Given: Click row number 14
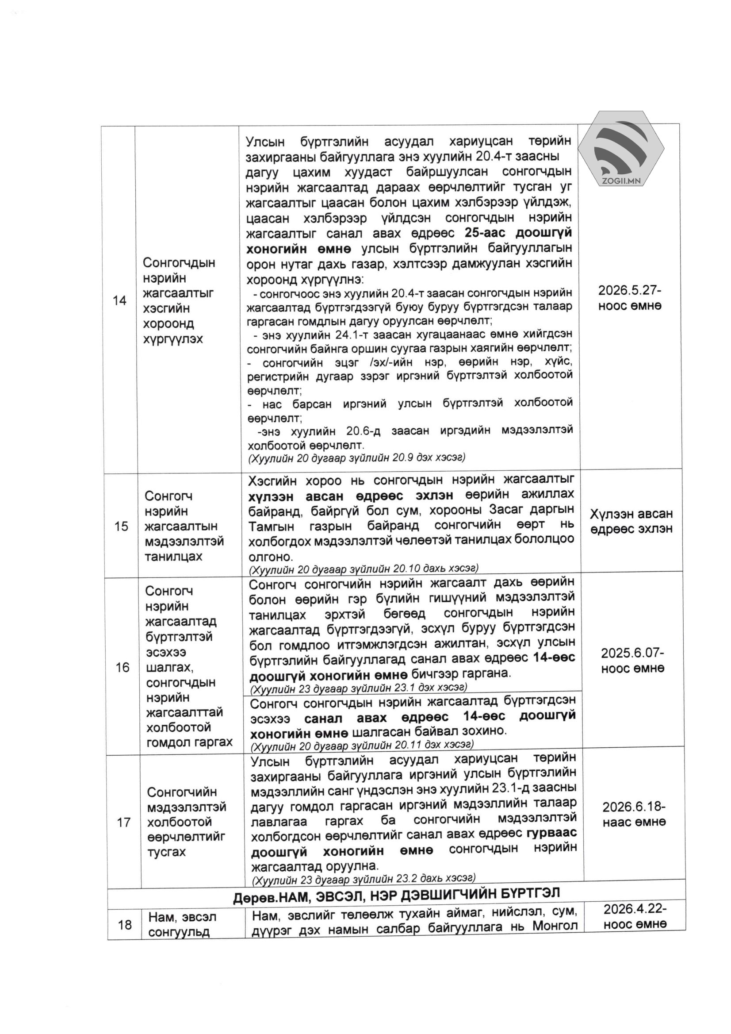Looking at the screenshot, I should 119,300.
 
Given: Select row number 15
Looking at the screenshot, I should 121,526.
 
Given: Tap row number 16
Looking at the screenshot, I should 122,667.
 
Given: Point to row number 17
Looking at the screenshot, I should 124,823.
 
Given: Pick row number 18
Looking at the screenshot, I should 125,925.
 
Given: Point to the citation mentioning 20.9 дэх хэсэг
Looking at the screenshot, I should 356,458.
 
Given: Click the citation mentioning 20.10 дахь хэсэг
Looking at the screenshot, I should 363,569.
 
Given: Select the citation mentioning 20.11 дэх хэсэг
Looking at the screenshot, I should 362,746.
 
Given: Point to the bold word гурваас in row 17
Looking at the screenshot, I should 551,834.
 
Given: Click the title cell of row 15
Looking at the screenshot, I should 184,526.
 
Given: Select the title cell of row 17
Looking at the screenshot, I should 186,822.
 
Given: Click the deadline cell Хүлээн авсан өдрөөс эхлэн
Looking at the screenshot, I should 631,521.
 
